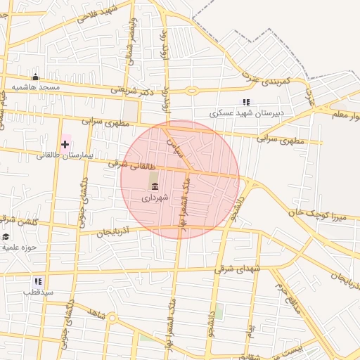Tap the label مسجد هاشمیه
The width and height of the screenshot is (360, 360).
(34, 87)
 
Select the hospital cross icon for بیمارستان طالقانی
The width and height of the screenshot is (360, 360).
(65, 144)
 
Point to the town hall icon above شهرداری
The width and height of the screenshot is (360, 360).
(154, 186)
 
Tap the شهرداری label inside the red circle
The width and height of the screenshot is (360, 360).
(155, 198)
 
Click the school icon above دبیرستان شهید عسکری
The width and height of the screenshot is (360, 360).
(245, 102)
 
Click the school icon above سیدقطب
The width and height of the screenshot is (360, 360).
(38, 281)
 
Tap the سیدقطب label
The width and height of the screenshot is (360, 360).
(38, 291)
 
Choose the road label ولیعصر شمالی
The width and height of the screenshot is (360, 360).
(131, 42)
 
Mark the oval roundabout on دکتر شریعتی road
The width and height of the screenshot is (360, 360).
(191, 90)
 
